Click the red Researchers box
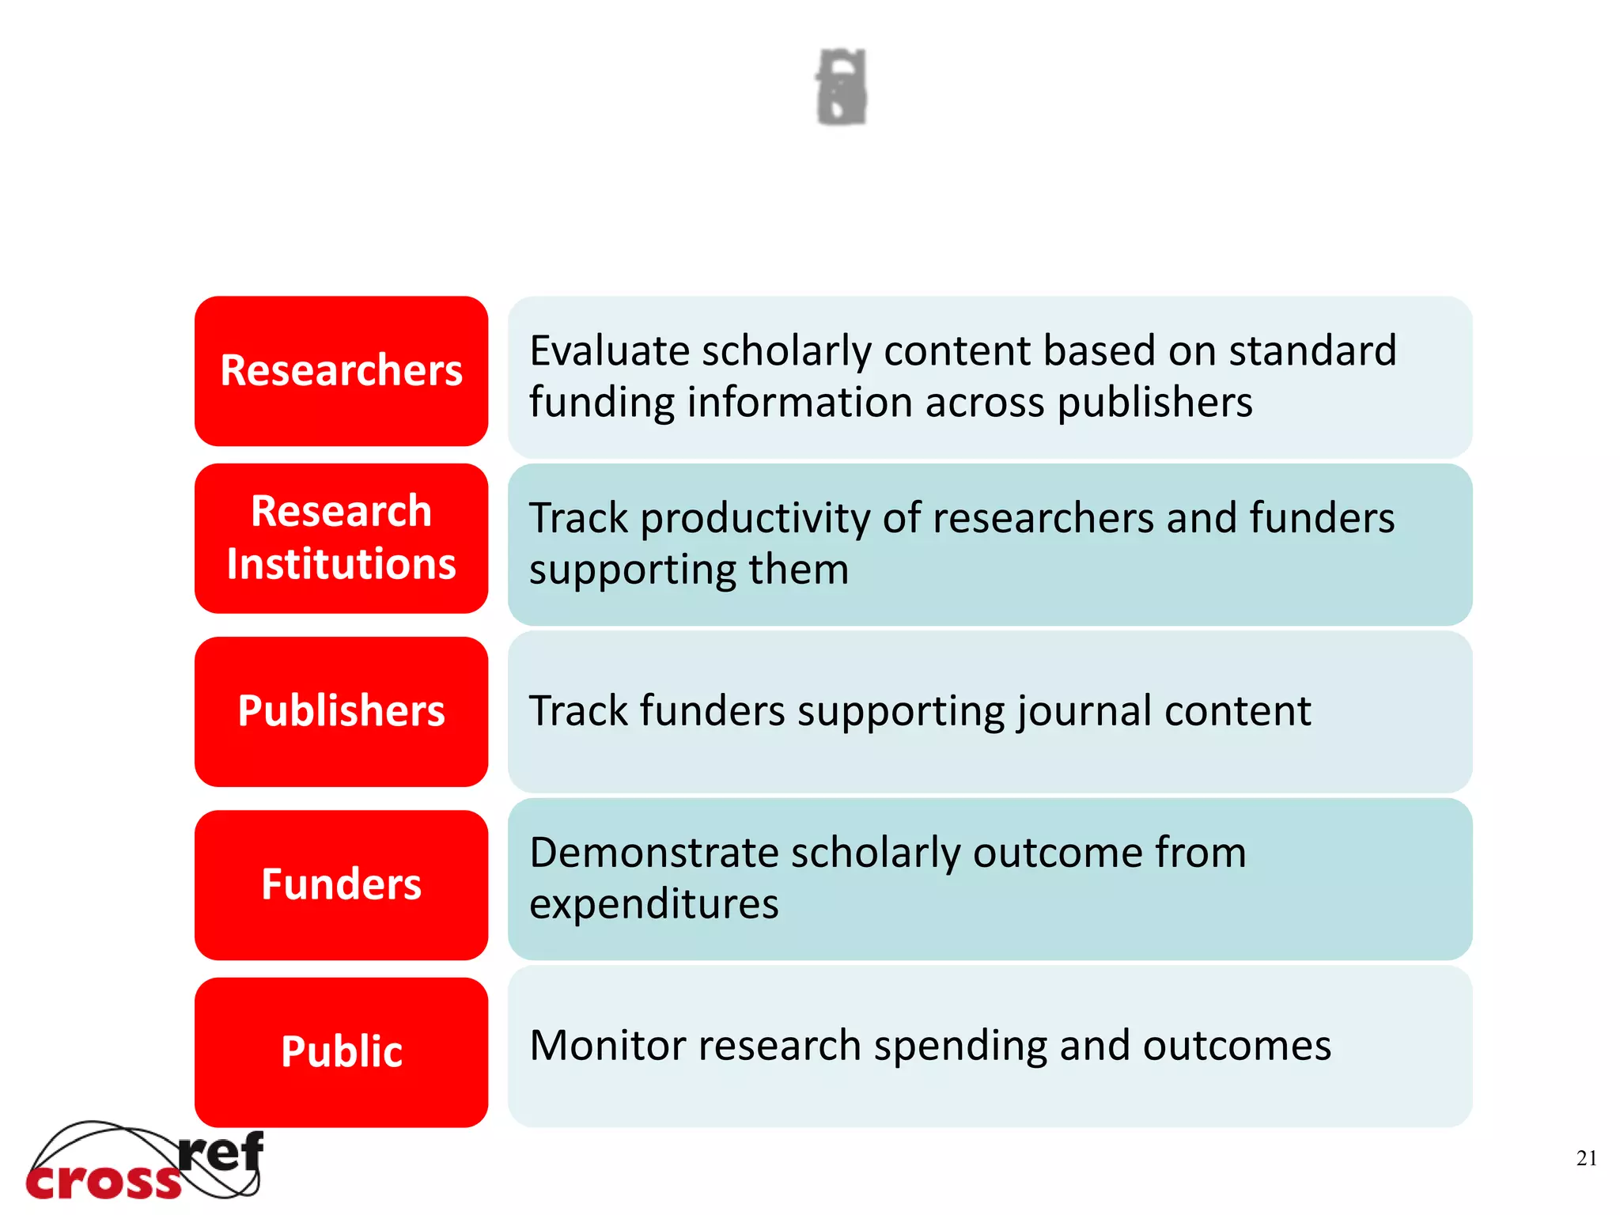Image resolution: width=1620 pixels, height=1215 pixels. [341, 371]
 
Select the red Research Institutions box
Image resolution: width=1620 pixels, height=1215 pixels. [341, 538]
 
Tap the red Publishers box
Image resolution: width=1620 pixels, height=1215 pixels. [341, 711]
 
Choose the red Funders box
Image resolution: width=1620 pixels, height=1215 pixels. [341, 884]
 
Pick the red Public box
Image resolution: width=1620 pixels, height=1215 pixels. [341, 1052]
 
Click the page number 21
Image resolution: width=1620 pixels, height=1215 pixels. [1586, 1158]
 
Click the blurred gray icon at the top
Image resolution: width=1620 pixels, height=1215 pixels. [842, 87]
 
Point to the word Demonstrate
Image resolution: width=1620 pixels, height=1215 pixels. [653, 853]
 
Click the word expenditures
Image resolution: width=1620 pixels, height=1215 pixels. [653, 903]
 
